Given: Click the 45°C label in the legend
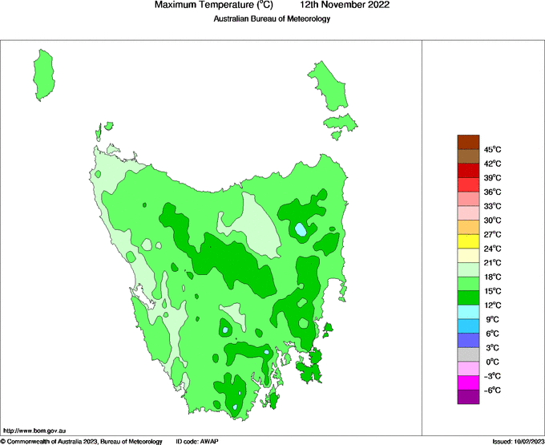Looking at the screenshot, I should (493, 149).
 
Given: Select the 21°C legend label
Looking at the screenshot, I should (493, 263).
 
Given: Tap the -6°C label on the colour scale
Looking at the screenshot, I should (492, 390).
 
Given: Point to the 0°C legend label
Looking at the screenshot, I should (491, 362).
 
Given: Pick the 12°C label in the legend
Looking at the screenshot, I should (493, 305).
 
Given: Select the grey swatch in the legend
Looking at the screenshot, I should (468, 354).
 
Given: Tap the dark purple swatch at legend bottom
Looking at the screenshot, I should (468, 397).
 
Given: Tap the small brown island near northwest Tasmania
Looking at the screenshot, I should (107, 125).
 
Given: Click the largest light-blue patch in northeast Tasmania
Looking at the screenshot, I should (301, 230).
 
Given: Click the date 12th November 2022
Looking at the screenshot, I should (351, 6).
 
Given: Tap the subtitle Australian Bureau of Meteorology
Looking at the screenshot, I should (272, 19).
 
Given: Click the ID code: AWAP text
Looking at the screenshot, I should (197, 441).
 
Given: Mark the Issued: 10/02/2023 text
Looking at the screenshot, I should (518, 441).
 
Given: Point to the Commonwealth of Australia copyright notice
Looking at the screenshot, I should (81, 441).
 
